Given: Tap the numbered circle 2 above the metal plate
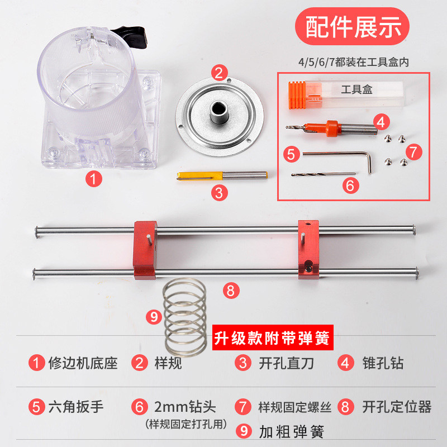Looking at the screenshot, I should point(220,72).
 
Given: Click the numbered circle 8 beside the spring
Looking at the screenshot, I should point(231,290).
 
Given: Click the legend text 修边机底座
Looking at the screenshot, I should point(84,363).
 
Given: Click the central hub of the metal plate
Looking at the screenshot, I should point(218,111).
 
